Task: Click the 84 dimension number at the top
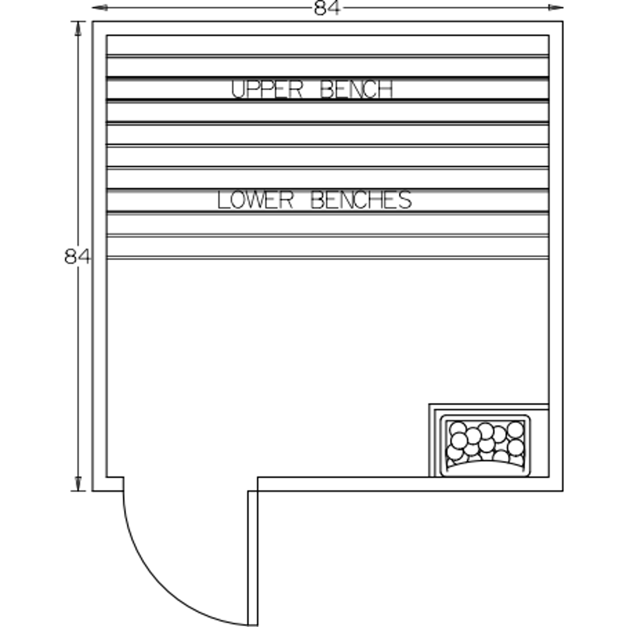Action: [x=327, y=8]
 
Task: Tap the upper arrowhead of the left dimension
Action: [x=78, y=29]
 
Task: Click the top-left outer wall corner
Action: [x=92, y=21]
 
